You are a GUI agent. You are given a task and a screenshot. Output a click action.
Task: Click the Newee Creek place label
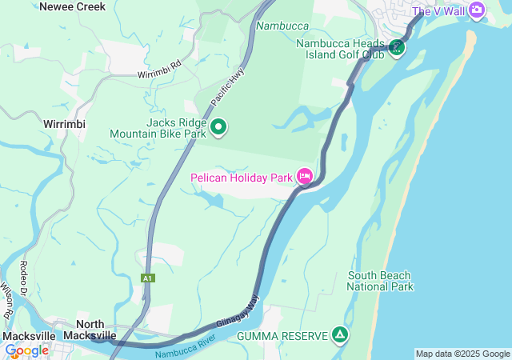coord(73,6)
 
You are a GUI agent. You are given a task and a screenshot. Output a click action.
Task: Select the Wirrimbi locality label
coord(65,125)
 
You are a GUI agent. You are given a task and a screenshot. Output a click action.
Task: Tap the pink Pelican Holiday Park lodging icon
coord(305,176)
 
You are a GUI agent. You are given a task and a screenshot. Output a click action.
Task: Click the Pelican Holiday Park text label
coord(242,177)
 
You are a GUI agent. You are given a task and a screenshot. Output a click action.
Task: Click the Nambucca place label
coord(282,26)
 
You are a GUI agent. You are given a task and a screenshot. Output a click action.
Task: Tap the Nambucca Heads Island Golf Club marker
coord(397,48)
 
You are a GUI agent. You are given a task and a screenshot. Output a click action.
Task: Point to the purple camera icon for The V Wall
coord(477,10)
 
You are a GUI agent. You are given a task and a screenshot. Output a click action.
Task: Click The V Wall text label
coord(438,11)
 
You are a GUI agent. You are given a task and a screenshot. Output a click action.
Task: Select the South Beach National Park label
coord(380,281)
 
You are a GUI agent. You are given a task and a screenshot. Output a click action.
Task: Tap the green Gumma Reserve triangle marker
coord(341,335)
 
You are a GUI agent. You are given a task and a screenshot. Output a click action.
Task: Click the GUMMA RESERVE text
coord(282,336)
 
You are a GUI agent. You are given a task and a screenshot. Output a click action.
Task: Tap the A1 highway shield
coord(147,278)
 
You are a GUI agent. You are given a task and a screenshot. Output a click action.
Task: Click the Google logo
coord(26,350)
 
